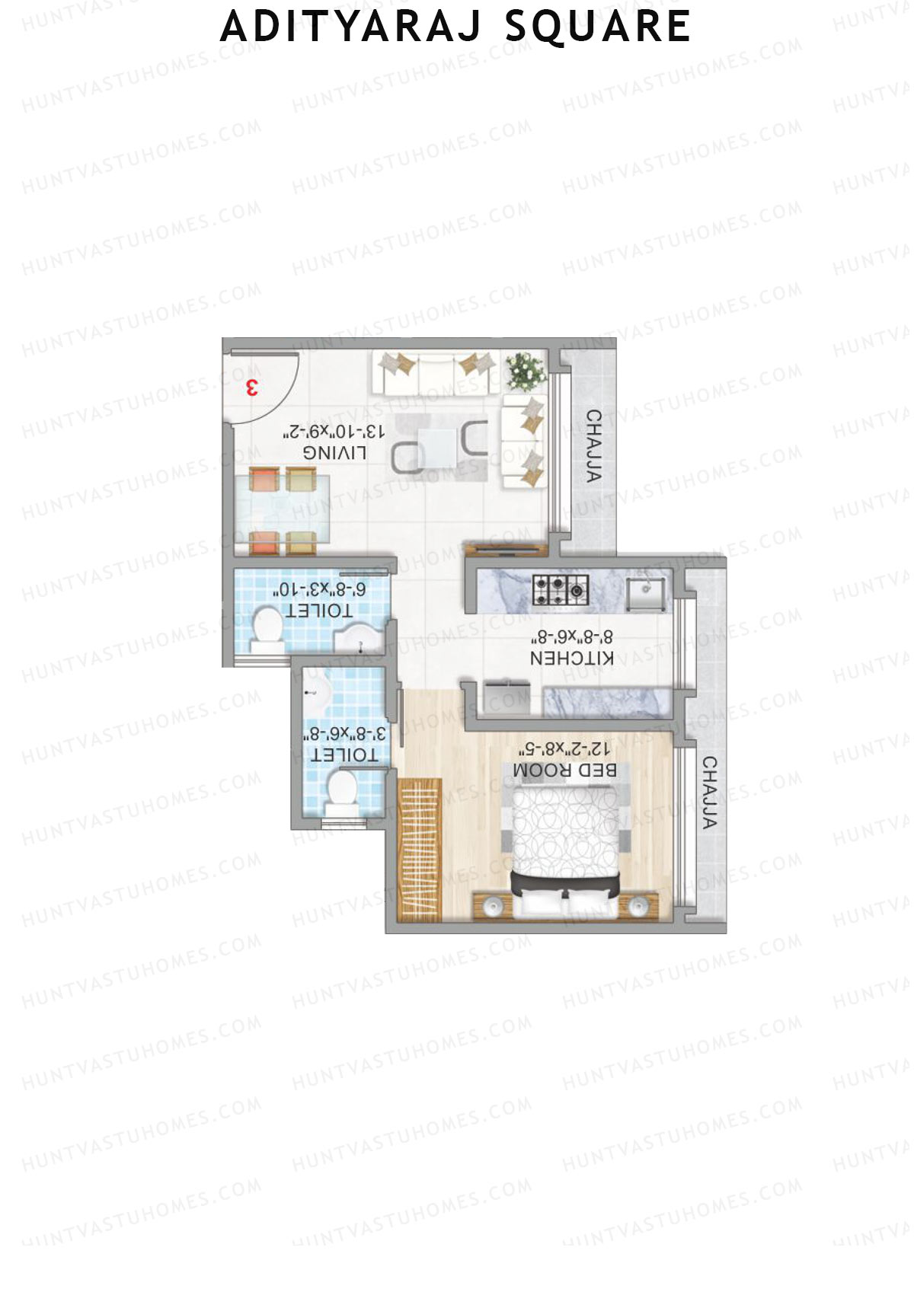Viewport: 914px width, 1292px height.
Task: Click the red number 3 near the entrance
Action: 251,388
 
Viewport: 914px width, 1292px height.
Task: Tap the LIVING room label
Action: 335,453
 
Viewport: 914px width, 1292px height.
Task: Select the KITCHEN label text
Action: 571,659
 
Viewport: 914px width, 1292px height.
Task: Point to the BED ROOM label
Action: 565,770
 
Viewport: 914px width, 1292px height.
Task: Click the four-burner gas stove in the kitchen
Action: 561,589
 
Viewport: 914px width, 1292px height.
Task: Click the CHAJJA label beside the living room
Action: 594,446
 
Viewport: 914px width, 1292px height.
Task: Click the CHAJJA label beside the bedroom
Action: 710,793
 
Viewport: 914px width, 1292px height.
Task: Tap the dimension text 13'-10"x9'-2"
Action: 335,432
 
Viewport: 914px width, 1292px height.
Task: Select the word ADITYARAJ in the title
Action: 351,27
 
